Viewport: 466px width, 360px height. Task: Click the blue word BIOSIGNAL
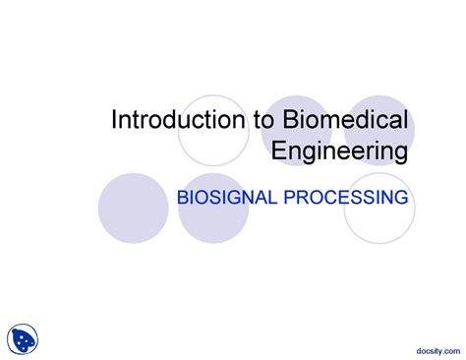pyautogui.click(x=226, y=199)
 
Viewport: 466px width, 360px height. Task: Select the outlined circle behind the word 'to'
pyautogui.click(x=213, y=130)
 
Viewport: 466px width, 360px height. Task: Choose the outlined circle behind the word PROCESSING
pyautogui.click(x=378, y=208)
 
